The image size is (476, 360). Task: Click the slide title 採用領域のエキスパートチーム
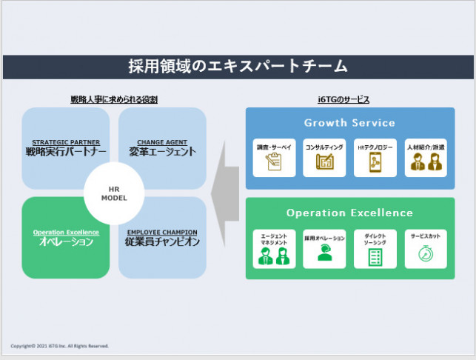238,67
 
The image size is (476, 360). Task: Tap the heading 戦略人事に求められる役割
114,99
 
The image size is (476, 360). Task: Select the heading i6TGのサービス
349,99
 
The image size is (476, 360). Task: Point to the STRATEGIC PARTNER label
66,142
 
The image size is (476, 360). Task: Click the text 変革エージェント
161,152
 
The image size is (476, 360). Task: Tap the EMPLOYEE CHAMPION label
161,233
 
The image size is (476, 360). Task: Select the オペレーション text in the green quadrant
66,242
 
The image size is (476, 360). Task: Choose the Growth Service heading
349,122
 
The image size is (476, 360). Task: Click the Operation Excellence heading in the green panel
349,213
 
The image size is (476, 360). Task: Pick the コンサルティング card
324,157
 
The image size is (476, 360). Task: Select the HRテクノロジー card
375,157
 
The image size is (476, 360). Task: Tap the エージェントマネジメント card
274,248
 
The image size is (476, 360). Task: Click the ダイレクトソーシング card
375,248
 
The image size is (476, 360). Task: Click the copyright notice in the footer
60,346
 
